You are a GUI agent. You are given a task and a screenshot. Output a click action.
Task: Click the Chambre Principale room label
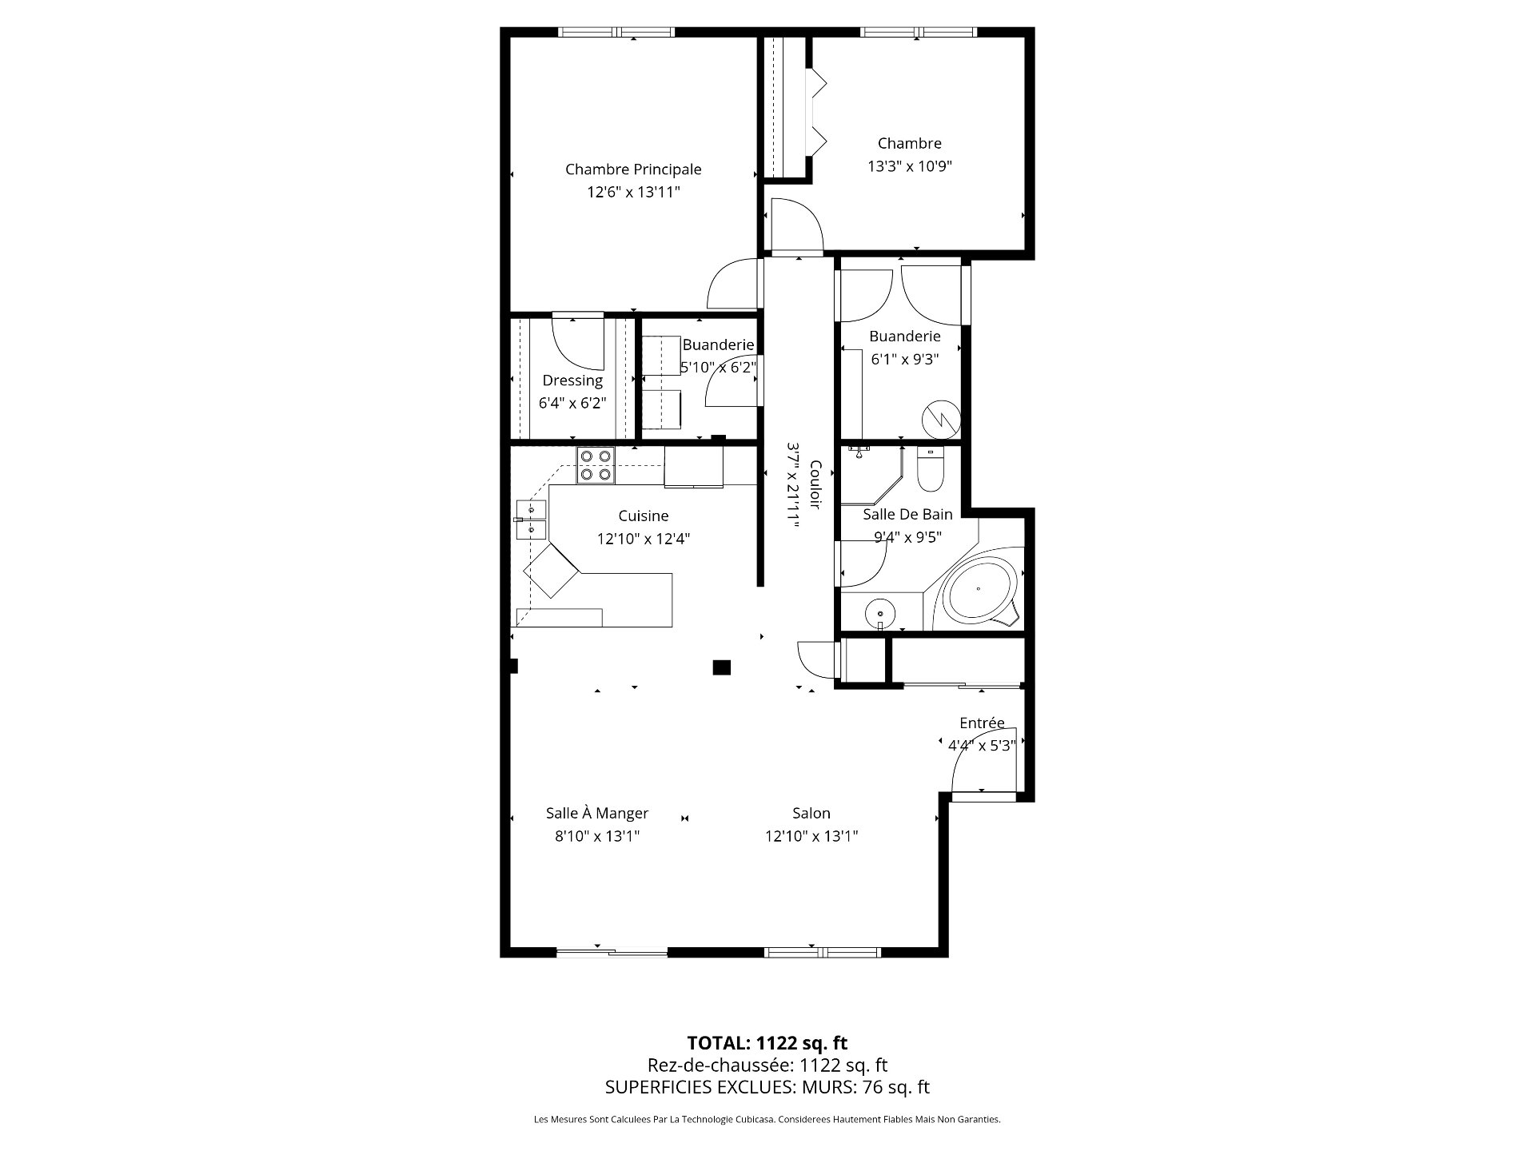pyautogui.click(x=633, y=169)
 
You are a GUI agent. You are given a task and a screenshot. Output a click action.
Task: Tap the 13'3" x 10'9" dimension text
pyautogui.click(x=910, y=166)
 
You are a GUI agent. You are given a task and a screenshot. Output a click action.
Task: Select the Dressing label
pyautogui.click(x=572, y=380)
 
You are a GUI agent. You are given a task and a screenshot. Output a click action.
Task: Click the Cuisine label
pyautogui.click(x=644, y=516)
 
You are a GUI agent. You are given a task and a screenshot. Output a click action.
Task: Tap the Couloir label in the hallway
pyautogui.click(x=815, y=484)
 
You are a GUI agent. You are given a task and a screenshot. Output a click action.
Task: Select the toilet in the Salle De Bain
pyautogui.click(x=930, y=469)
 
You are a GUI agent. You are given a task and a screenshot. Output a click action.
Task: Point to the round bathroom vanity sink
pyautogui.click(x=880, y=614)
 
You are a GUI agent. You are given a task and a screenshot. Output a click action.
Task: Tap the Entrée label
pyautogui.click(x=982, y=723)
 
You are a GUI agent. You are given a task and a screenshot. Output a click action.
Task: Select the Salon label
pyautogui.click(x=811, y=814)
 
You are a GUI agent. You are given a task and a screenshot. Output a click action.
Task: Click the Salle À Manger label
pyautogui.click(x=597, y=813)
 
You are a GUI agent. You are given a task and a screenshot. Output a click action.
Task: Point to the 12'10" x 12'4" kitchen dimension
pyautogui.click(x=644, y=539)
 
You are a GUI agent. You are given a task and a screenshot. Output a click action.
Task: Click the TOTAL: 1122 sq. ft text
pyautogui.click(x=767, y=1042)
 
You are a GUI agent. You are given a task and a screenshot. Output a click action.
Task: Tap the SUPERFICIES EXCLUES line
pyautogui.click(x=767, y=1087)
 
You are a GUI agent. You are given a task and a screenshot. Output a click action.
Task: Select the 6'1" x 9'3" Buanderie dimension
pyautogui.click(x=905, y=359)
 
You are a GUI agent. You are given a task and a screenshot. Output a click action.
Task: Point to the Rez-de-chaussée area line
pyautogui.click(x=767, y=1065)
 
